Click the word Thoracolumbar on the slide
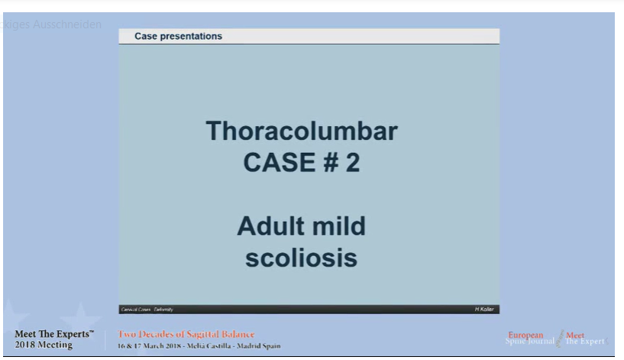[302, 131]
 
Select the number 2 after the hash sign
[352, 163]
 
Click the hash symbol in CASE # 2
[330, 163]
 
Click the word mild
[339, 226]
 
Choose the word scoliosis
[302, 258]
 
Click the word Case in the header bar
[147, 36]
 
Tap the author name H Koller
[484, 309]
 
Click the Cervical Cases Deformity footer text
[147, 309]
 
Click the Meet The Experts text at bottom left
[54, 334]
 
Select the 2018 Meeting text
[44, 345]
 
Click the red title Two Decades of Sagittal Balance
[186, 334]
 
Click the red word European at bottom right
[526, 336]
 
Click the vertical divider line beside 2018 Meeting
[105, 340]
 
